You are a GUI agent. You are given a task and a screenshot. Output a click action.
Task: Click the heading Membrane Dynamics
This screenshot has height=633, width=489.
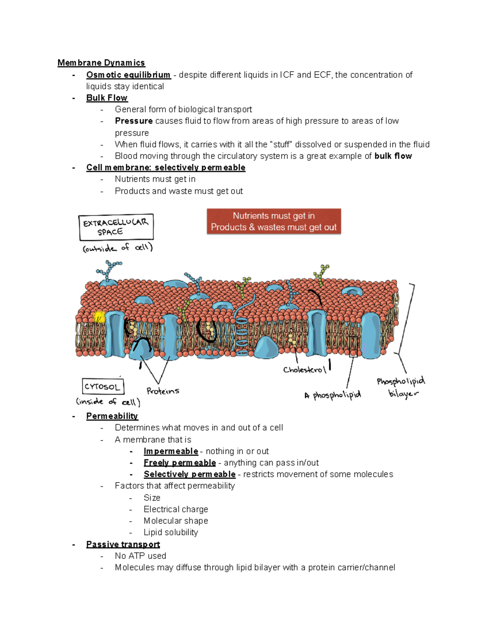tap(101, 63)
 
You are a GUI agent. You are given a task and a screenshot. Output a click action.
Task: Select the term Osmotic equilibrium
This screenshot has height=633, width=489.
tap(128, 75)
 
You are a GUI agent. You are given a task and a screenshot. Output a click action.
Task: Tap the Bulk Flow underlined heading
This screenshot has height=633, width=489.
tap(107, 98)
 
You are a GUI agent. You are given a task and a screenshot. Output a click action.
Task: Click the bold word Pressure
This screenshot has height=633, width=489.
tap(134, 121)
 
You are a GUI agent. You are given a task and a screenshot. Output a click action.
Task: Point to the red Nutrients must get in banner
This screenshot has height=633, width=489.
tap(274, 221)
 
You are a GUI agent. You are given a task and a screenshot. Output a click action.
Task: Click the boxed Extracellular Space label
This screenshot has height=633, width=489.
tap(116, 227)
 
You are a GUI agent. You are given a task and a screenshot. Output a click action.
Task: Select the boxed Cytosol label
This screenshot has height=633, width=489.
tap(103, 386)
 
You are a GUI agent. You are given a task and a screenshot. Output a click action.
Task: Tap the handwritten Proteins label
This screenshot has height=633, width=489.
tap(163, 391)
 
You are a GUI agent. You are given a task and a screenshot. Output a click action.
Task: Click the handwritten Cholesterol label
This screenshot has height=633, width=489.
tap(304, 370)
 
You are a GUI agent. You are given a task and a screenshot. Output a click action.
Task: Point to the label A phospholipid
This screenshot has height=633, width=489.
tap(333, 395)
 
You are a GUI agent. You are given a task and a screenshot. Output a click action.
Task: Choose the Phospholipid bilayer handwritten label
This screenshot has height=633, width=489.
tap(401, 387)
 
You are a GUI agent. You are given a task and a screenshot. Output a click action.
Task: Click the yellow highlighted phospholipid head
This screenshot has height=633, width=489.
tap(99, 317)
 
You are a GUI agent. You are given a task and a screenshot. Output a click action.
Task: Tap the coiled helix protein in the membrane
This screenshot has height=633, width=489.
tap(241, 332)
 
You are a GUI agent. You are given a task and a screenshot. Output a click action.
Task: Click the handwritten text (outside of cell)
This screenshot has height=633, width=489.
tap(117, 248)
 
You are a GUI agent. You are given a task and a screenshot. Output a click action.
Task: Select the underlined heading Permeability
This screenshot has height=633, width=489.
tap(112, 416)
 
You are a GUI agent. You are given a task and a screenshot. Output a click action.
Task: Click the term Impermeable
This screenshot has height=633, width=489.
tap(171, 451)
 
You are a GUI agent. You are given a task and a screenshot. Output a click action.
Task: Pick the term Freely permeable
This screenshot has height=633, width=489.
tap(180, 463)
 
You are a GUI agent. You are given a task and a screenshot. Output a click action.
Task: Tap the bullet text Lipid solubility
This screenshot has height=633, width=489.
tap(171, 532)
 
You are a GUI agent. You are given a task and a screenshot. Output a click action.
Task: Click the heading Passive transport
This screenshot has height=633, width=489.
tap(123, 545)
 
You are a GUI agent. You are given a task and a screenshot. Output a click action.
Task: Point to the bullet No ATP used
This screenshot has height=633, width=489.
tap(141, 556)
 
